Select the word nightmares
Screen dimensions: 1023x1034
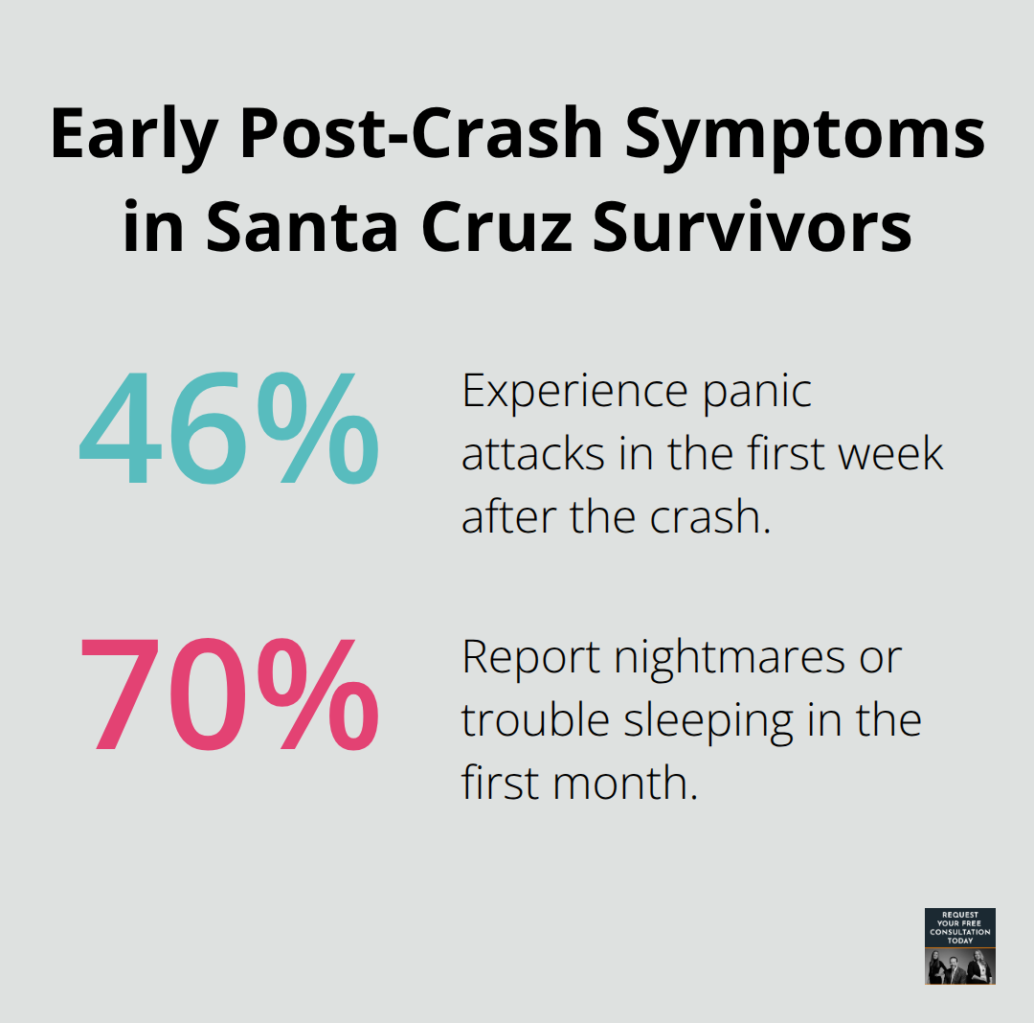(731, 658)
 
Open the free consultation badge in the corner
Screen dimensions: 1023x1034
(960, 946)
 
